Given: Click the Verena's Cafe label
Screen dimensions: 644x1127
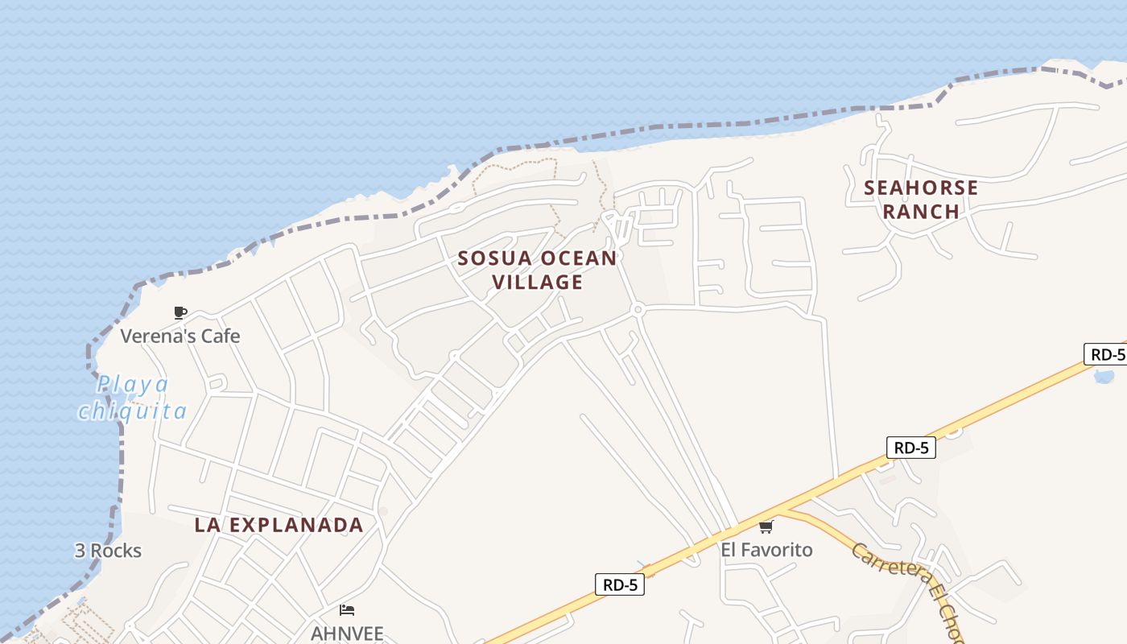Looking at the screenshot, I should click(180, 336).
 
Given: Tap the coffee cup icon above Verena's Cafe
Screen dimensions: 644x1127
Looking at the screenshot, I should click(180, 312).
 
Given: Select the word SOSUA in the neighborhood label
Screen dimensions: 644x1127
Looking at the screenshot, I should click(495, 258).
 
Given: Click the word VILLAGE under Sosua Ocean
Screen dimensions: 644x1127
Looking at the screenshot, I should click(538, 282).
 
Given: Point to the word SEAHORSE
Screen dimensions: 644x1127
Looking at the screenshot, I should click(921, 188).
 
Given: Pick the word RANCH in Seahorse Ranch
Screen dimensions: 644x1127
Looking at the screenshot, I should click(921, 212).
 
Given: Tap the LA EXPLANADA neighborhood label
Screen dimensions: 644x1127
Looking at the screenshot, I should click(279, 525).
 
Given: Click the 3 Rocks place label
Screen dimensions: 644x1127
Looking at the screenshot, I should click(108, 551).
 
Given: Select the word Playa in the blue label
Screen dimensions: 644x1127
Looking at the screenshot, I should click(134, 384).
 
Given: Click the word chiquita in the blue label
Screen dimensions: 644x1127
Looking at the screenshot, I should click(133, 411).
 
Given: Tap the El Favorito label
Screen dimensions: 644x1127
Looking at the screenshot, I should click(766, 550).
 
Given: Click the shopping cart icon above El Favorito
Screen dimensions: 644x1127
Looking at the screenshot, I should click(766, 527).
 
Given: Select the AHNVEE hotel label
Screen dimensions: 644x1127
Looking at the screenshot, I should click(347, 633).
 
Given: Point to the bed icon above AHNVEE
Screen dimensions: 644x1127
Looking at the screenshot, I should click(347, 610).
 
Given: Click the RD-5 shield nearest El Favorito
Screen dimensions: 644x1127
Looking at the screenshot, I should click(911, 448).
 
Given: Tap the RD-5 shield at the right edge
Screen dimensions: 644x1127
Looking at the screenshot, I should click(1106, 354).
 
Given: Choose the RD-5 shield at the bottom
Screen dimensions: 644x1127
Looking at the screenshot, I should click(620, 584).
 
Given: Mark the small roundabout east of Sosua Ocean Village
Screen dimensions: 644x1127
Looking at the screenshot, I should click(638, 309).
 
